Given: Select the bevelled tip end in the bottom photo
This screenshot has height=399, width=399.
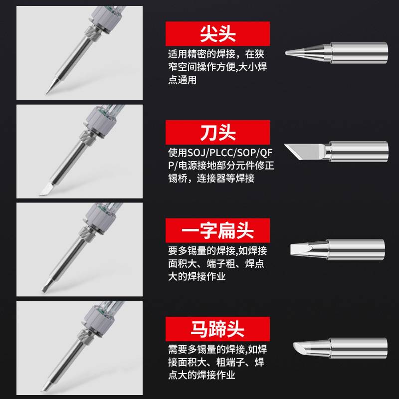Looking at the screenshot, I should (x=44, y=387).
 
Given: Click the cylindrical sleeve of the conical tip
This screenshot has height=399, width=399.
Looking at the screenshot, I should (x=359, y=52).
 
